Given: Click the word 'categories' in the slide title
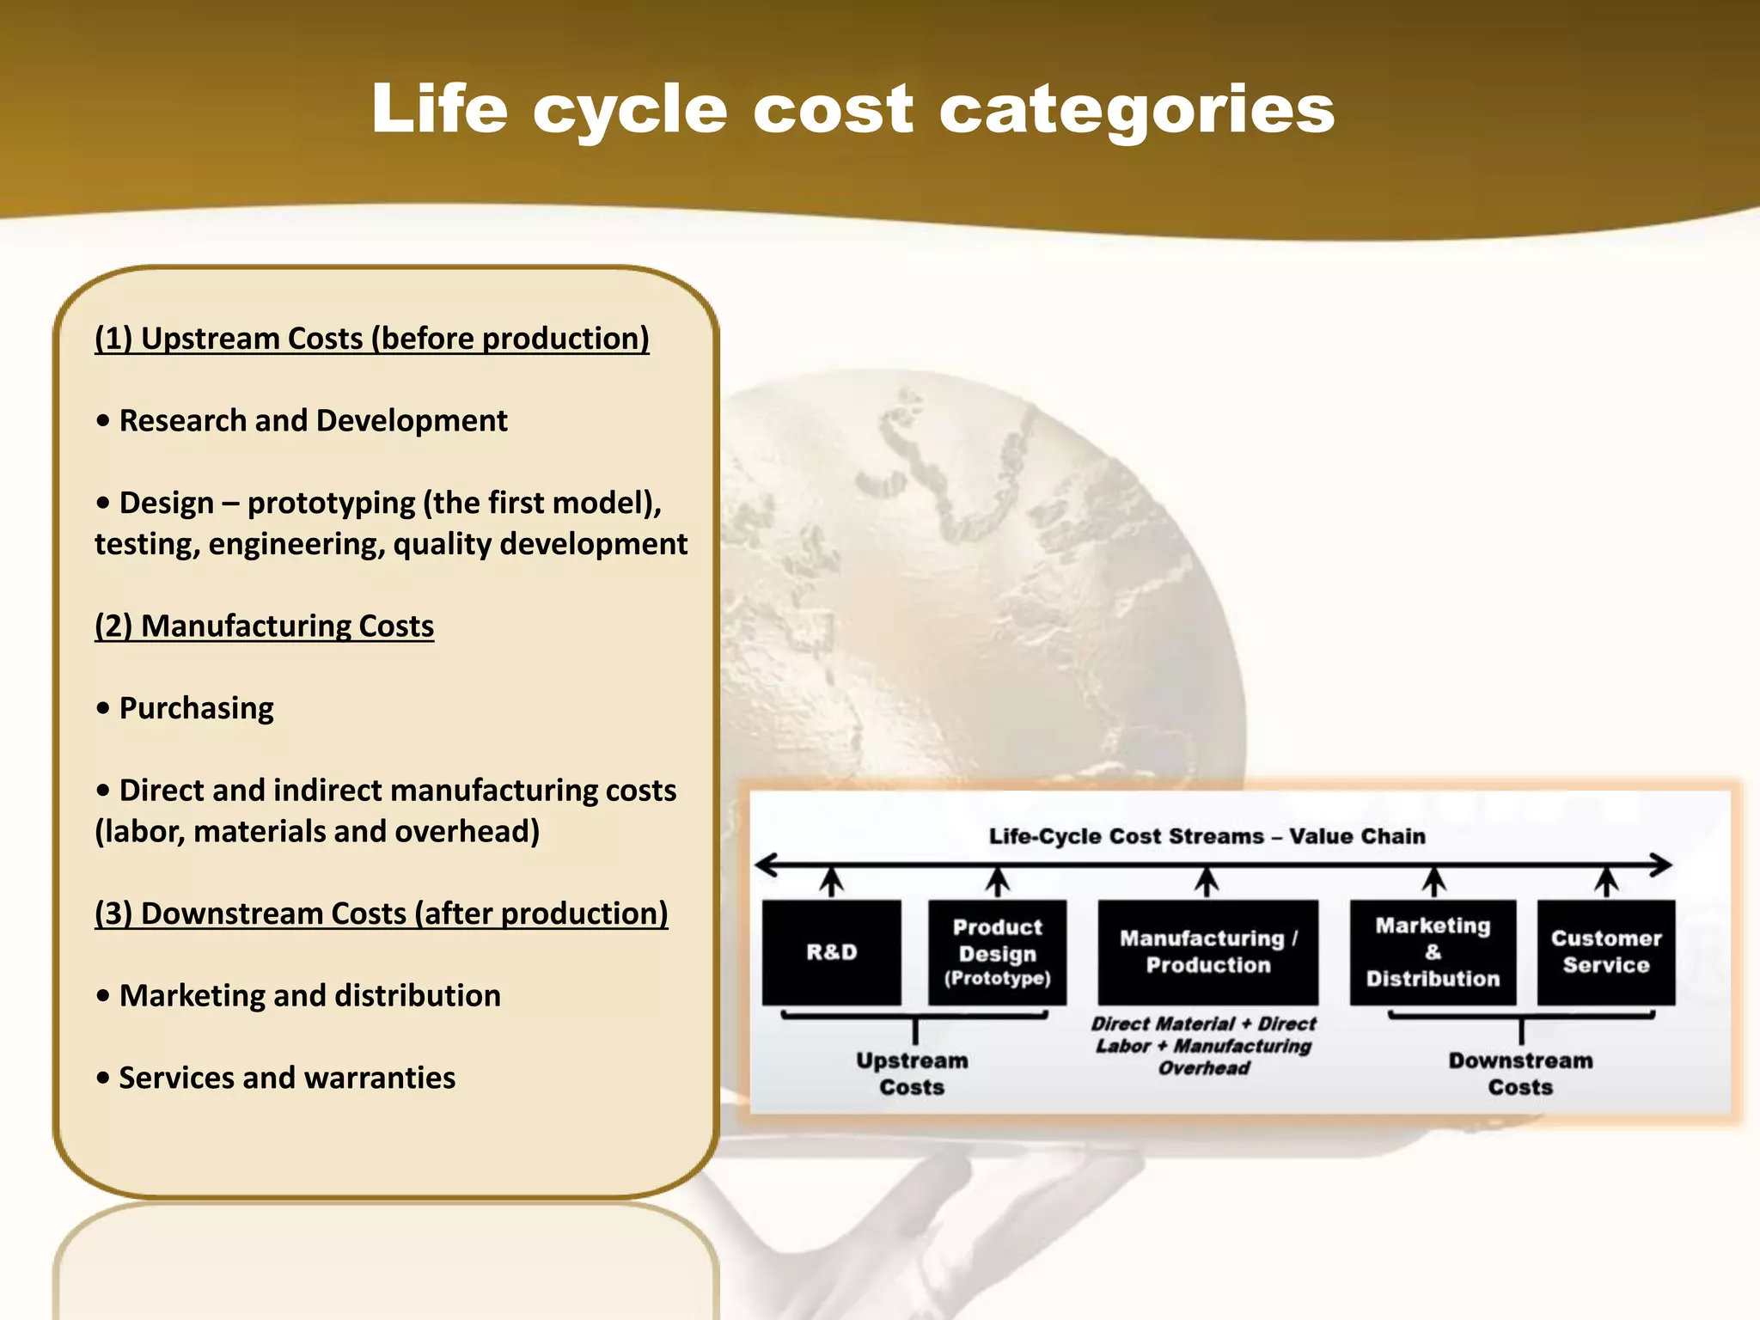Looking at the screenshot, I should (x=1136, y=110).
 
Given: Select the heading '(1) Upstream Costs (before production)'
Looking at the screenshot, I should (x=371, y=338).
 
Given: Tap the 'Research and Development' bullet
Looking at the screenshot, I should (x=313, y=420).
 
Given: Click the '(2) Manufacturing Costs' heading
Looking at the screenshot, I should (x=264, y=625).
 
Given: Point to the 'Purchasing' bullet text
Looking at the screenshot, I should (x=196, y=707).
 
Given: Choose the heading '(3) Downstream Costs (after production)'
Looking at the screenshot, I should (x=381, y=913).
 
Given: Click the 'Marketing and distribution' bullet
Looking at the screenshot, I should (x=309, y=995).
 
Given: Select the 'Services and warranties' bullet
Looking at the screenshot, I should (x=287, y=1077).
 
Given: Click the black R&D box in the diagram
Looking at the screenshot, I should (x=831, y=952).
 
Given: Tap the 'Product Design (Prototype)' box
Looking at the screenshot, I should (x=997, y=952).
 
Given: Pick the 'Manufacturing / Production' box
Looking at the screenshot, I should (x=1207, y=952).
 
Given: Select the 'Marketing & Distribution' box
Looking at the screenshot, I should (x=1433, y=952).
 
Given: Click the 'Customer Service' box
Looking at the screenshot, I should (x=1605, y=952).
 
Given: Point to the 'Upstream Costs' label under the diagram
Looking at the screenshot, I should (x=912, y=1073).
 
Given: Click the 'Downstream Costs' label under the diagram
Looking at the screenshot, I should (x=1520, y=1073).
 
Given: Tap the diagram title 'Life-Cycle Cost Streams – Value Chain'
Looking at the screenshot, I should (x=1207, y=836).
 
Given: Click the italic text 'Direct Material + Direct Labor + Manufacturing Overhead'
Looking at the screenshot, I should (x=1203, y=1046).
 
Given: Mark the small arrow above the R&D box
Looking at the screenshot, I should (x=831, y=881).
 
